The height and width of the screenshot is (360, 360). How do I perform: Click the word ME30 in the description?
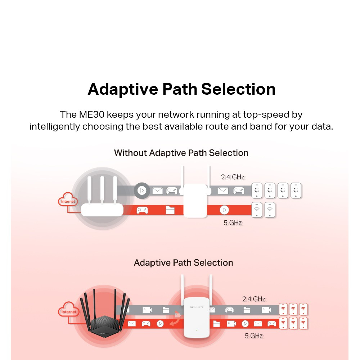(92, 114)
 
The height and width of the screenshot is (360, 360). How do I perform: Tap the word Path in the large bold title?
(180, 89)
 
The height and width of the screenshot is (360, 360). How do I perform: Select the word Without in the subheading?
(130, 153)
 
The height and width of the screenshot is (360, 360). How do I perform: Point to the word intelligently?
(54, 127)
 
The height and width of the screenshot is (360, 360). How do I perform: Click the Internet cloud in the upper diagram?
(68, 199)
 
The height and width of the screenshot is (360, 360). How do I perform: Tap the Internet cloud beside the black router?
(68, 310)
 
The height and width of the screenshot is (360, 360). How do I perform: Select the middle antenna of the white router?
(102, 190)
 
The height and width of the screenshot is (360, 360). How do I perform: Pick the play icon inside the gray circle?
(142, 190)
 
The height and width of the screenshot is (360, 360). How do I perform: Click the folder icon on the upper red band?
(170, 210)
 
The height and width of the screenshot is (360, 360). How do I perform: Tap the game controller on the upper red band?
(142, 210)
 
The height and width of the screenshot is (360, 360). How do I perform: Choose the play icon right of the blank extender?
(224, 210)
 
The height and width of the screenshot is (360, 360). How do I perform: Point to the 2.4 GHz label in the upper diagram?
(233, 177)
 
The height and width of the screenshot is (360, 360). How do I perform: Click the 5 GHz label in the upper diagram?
(233, 223)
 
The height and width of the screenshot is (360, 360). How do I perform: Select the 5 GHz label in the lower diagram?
(254, 336)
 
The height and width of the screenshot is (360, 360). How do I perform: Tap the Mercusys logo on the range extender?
(197, 307)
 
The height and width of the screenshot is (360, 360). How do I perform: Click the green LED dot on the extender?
(197, 330)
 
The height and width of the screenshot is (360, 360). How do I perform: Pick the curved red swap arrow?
(175, 319)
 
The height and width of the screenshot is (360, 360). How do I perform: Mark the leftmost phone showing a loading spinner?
(257, 190)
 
